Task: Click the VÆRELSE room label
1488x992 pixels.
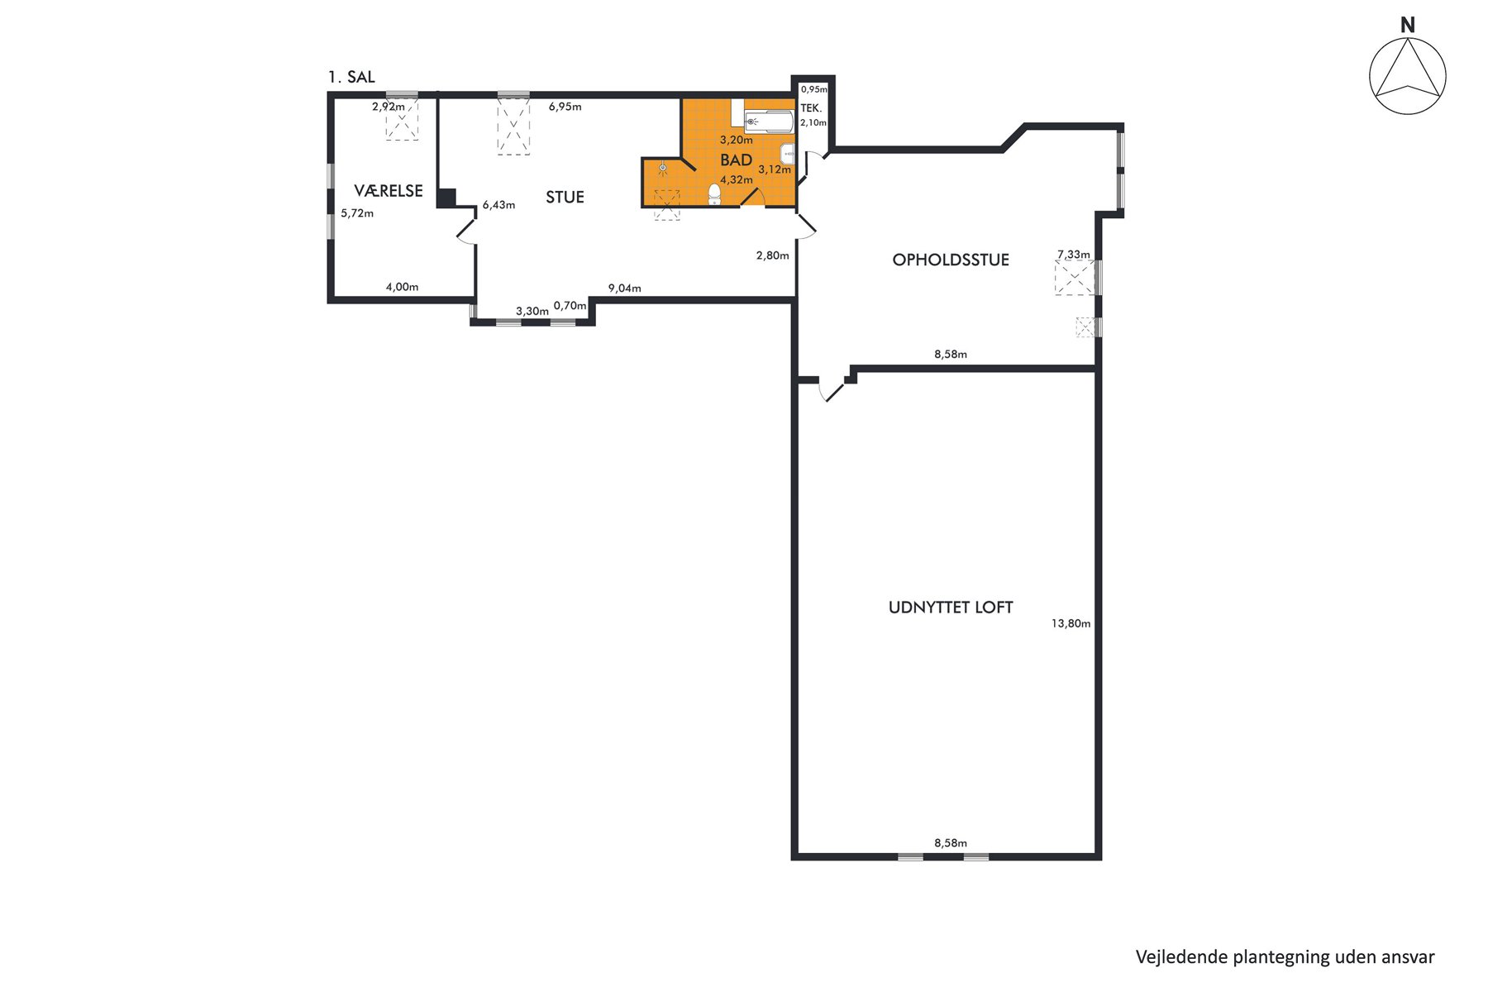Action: click(389, 191)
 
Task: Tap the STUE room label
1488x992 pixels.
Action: click(565, 197)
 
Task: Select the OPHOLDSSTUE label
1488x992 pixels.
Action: click(951, 260)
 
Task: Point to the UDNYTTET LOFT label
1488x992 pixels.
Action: click(951, 608)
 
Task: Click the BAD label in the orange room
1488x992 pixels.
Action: click(737, 160)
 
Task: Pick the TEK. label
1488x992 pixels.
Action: click(811, 108)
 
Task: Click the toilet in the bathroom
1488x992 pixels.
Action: click(715, 194)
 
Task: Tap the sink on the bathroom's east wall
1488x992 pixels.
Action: click(789, 153)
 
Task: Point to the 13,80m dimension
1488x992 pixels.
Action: click(1071, 623)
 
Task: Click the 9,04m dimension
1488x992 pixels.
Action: click(624, 289)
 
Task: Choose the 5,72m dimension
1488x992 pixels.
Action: click(357, 213)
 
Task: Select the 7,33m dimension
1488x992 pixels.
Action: click(1074, 255)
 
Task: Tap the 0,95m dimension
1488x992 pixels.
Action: click(814, 89)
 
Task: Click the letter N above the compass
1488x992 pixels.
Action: click(1408, 26)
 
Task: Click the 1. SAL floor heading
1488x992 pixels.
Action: click(351, 77)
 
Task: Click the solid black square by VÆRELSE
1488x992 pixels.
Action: click(446, 198)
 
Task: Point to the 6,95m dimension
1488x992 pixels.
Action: click(565, 107)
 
